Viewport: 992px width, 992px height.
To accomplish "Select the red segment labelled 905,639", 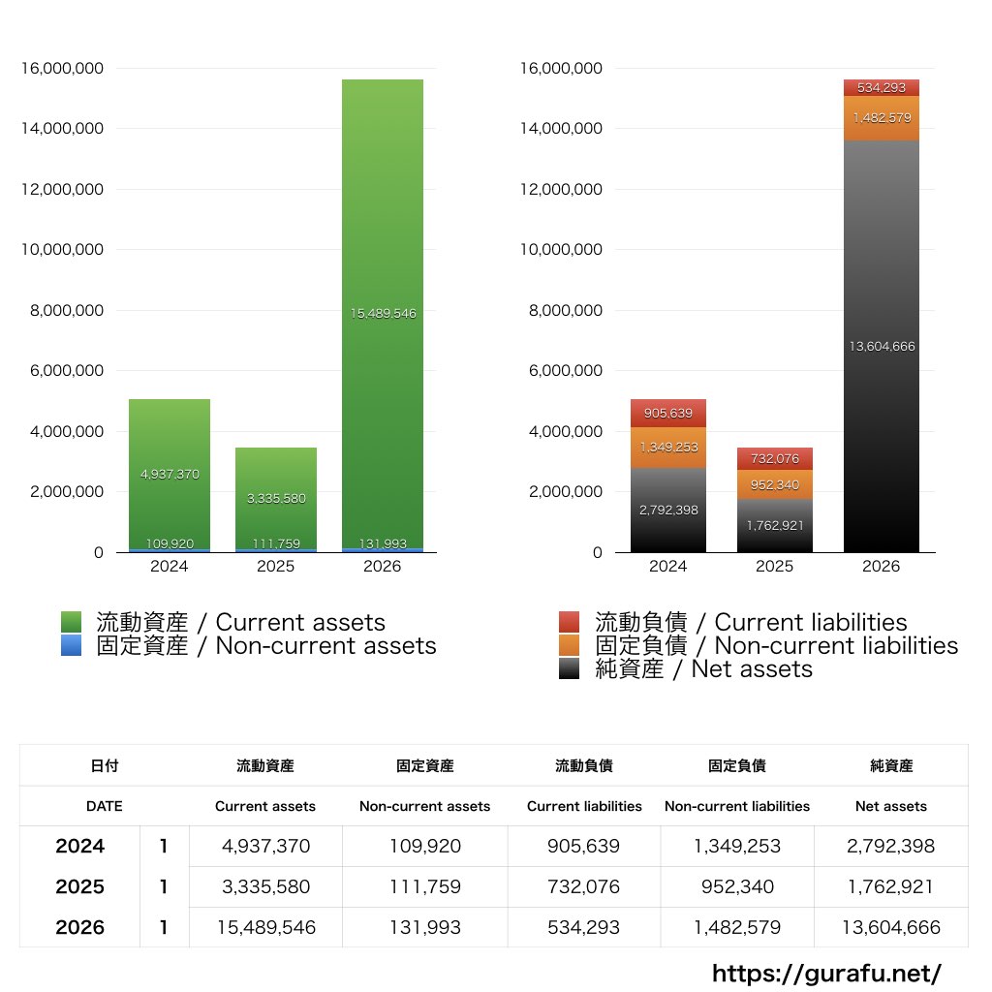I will point(667,414).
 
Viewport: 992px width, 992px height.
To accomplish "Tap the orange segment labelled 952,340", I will point(774,484).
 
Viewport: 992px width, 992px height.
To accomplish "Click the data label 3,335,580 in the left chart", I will point(276,499).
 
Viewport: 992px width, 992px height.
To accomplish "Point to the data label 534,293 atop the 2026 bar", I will point(882,88).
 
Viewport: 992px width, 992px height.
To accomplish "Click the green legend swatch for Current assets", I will point(71,622).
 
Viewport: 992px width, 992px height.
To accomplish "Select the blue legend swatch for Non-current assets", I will point(71,646).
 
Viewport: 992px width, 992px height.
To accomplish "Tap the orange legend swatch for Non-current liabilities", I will point(570,646).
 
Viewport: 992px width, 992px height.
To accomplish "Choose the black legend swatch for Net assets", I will point(570,669).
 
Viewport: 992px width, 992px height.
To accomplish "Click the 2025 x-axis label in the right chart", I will point(774,567).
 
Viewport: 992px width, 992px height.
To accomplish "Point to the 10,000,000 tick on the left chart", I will point(62,250).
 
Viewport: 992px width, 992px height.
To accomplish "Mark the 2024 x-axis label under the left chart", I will point(169,567).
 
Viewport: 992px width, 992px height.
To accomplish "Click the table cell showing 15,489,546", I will point(265,927).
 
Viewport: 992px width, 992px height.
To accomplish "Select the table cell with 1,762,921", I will point(891,886).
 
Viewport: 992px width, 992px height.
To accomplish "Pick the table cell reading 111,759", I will point(424,886).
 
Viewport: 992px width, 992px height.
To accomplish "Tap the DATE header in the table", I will point(105,806).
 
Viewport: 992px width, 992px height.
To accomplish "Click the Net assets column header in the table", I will point(891,806).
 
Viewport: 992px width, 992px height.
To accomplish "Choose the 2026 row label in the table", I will point(79,927).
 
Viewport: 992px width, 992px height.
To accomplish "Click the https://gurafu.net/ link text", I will point(826,974).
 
